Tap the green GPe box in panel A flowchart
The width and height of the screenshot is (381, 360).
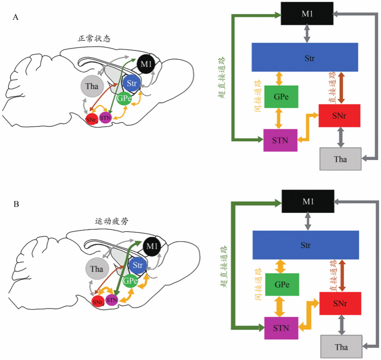(282, 97)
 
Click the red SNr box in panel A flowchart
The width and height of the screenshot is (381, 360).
(339, 116)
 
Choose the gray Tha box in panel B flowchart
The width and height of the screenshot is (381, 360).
(341, 347)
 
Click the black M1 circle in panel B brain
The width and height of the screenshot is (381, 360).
(152, 246)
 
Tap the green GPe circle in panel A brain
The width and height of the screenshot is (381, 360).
(124, 98)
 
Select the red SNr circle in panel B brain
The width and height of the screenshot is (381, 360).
(98, 301)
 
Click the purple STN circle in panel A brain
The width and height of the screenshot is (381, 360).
(105, 118)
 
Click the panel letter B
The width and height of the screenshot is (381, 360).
(16, 203)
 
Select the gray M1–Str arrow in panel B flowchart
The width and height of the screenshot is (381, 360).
(309, 219)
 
